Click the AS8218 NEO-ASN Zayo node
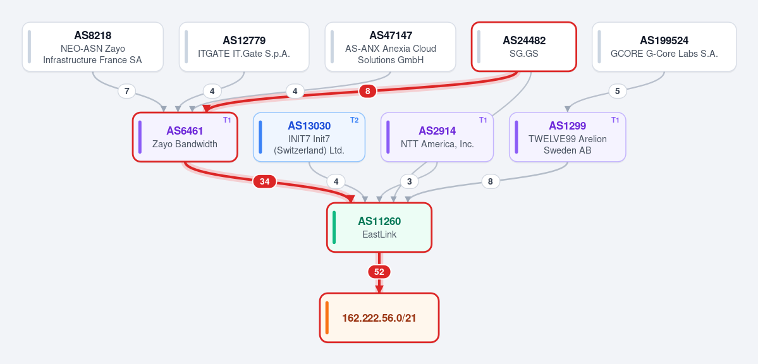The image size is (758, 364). [93, 47]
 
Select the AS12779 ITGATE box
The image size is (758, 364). [244, 47]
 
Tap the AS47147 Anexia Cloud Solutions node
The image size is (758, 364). [390, 47]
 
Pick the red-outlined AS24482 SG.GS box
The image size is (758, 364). [524, 47]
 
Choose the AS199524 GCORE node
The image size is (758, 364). [664, 47]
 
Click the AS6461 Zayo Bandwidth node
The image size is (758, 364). [185, 137]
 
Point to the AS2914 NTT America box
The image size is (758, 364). [437, 137]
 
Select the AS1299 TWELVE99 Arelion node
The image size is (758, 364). [568, 137]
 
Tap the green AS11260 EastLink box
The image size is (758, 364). [379, 227]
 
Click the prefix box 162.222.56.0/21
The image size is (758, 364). [379, 318]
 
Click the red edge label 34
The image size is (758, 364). [264, 182]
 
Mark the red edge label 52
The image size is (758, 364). [379, 272]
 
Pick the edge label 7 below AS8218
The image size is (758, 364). [126, 91]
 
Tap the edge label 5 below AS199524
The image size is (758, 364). [617, 91]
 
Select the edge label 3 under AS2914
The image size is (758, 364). [410, 182]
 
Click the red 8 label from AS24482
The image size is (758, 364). [368, 91]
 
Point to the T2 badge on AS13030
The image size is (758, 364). [355, 120]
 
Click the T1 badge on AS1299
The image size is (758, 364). [615, 120]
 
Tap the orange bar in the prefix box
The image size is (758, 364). [327, 318]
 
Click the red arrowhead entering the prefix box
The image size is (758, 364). [379, 289]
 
